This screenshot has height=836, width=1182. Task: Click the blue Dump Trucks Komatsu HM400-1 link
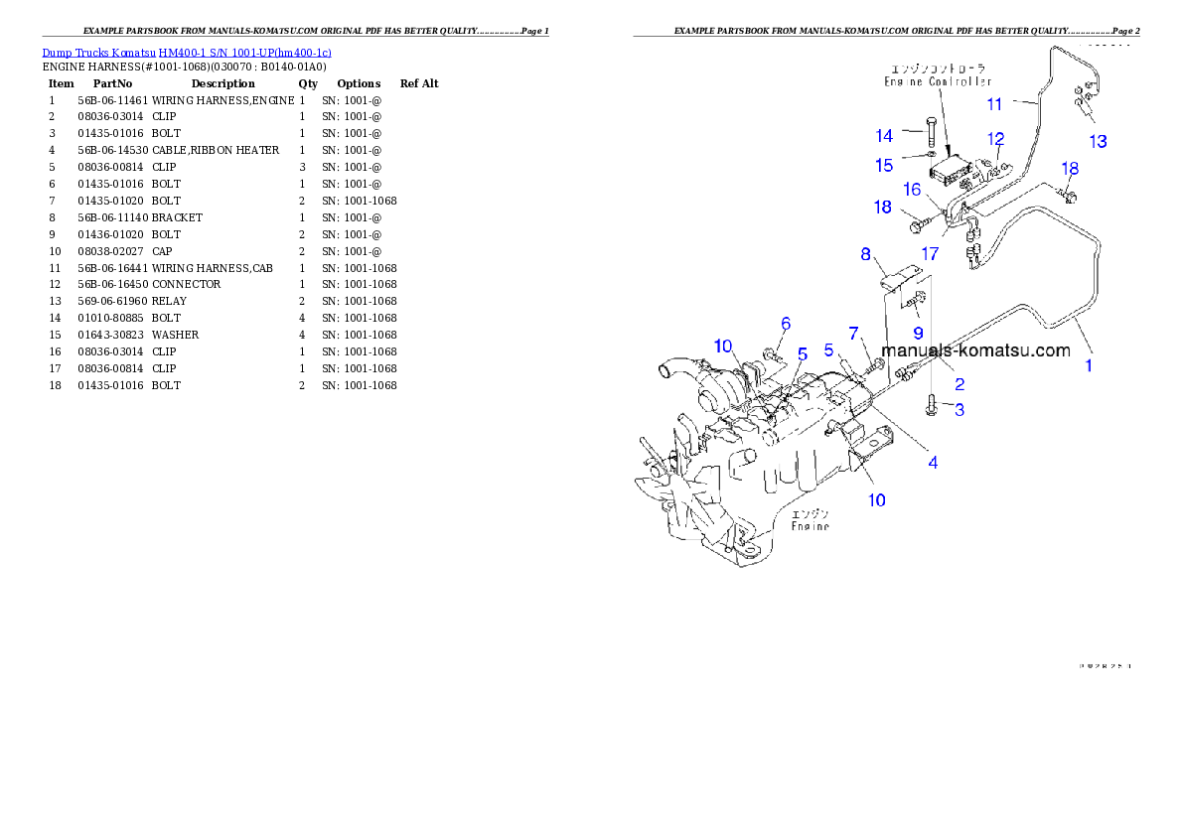(187, 53)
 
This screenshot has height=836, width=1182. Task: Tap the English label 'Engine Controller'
(938, 82)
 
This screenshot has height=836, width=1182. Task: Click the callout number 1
(1089, 365)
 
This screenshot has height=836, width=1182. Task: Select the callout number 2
(960, 384)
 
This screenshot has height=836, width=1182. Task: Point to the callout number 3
(960, 409)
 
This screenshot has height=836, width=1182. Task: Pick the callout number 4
(933, 462)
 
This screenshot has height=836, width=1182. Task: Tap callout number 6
(786, 324)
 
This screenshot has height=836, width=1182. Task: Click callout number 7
(853, 332)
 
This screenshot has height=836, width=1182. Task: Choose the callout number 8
(865, 254)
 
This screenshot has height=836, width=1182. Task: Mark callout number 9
(918, 332)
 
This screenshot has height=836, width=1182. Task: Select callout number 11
(994, 104)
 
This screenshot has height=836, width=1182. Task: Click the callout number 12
(995, 140)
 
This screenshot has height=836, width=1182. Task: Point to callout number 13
(1098, 142)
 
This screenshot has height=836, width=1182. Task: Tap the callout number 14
(884, 136)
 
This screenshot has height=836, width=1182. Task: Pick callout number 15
(884, 166)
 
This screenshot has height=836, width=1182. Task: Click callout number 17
(930, 255)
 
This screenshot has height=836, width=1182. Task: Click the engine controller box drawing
(951, 169)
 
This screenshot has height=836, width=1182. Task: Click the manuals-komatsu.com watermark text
(975, 350)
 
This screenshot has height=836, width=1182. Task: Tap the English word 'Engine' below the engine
(810, 526)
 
